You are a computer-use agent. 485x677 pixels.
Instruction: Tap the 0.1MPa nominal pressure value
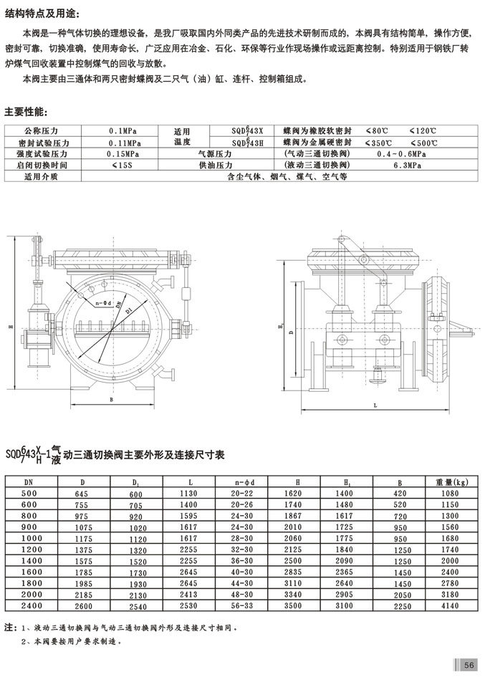click(x=119, y=132)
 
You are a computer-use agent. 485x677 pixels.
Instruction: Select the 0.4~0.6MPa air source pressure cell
click(x=400, y=153)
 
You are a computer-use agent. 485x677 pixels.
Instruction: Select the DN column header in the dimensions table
click(x=29, y=482)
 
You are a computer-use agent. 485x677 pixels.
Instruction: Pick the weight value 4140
click(x=448, y=606)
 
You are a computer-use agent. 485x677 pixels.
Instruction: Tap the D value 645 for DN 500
click(x=87, y=494)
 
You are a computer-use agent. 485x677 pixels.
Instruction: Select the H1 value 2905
click(x=343, y=595)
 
